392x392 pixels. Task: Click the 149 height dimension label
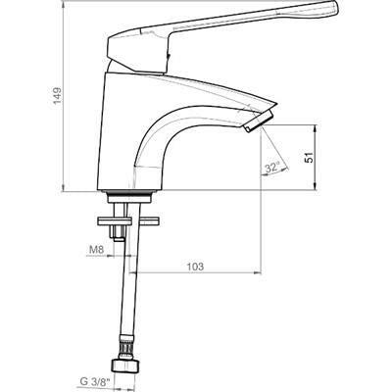(x=58, y=95)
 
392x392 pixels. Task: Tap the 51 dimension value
(x=309, y=157)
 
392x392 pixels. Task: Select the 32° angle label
(x=272, y=168)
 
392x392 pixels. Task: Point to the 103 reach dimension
(x=195, y=267)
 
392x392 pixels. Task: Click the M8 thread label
(x=96, y=250)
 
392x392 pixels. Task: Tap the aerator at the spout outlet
(x=259, y=122)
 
